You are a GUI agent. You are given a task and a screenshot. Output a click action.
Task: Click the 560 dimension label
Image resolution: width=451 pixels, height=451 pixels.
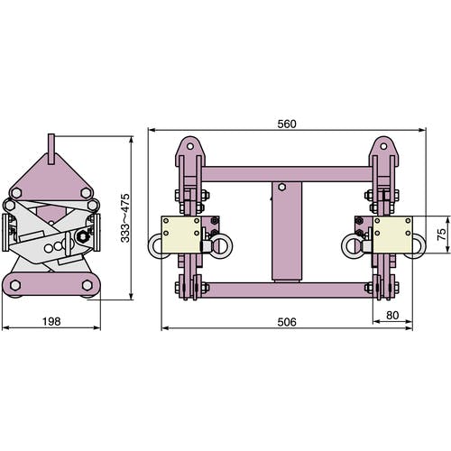click(287, 124)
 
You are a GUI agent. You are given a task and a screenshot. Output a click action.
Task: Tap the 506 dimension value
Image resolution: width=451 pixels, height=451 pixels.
click(287, 322)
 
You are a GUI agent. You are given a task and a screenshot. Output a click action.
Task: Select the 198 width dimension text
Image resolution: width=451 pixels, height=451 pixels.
click(51, 321)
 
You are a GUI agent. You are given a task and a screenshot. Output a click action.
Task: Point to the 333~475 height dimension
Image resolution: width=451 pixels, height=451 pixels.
click(125, 218)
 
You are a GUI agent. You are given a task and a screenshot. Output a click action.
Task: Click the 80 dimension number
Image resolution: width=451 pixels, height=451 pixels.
click(392, 315)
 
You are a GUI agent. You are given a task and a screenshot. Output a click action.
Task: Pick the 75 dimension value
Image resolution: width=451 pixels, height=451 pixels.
click(441, 235)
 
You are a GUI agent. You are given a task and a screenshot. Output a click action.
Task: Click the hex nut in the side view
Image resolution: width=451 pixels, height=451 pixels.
click(82, 236)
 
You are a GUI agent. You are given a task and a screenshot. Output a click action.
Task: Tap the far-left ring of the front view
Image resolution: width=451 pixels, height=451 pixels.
click(156, 246)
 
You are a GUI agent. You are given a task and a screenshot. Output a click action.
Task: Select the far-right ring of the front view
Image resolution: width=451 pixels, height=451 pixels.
click(419, 246)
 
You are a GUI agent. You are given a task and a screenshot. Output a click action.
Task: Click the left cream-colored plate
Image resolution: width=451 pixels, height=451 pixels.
click(181, 235)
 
